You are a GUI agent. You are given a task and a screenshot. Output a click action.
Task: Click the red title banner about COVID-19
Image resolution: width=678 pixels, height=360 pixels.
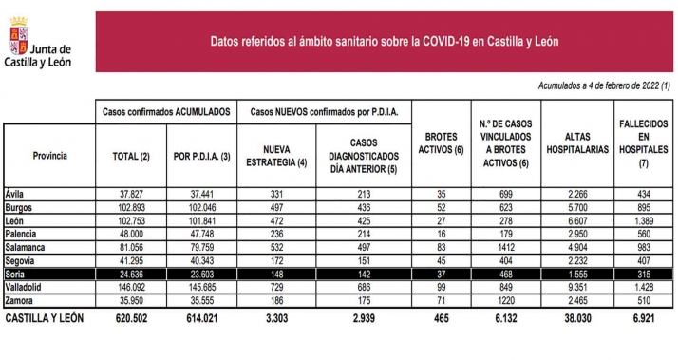384,42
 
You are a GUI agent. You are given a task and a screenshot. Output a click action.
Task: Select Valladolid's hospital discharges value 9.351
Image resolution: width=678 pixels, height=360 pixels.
576,286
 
